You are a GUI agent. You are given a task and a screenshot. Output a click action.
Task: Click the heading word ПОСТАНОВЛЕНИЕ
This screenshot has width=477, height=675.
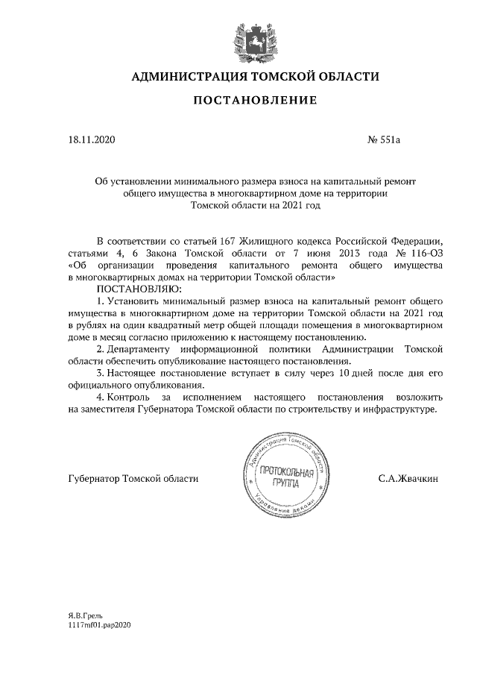pos(256,100)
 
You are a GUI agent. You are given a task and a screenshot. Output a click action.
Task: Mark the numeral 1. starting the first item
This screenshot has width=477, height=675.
pos(101,301)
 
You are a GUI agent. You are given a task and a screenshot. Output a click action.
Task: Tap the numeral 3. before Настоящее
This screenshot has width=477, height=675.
pos(101,373)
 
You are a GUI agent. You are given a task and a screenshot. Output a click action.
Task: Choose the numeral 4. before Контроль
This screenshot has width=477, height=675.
pos(101,397)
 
